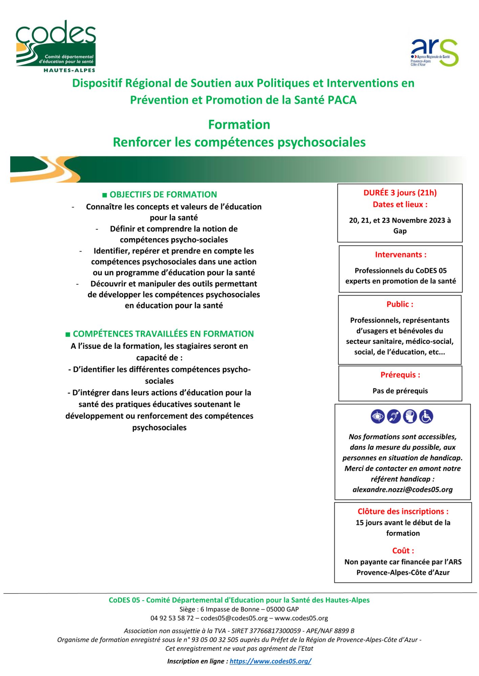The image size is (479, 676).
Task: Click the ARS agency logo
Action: pyautogui.click(x=434, y=52)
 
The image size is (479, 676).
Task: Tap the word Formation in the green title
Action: pyautogui.click(x=239, y=125)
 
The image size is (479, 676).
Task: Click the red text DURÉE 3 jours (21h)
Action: pyautogui.click(x=400, y=193)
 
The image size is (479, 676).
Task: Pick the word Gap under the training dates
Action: pyautogui.click(x=400, y=231)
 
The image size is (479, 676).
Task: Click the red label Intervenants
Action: pyautogui.click(x=400, y=255)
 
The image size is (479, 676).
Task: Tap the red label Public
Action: pyautogui.click(x=400, y=304)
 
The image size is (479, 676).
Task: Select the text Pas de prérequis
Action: pyautogui.click(x=400, y=391)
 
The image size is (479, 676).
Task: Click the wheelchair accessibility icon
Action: pyautogui.click(x=426, y=416)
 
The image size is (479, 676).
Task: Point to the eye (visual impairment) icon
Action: pyautogui.click(x=377, y=416)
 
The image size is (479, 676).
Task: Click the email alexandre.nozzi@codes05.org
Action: pyautogui.click(x=402, y=490)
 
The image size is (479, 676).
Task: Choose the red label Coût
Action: pyautogui.click(x=403, y=551)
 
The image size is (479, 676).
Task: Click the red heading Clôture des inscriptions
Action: pyautogui.click(x=403, y=512)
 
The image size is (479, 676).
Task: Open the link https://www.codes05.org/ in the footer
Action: pyautogui.click(x=270, y=661)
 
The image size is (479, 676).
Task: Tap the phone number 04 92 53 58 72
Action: pyautogui.click(x=172, y=619)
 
